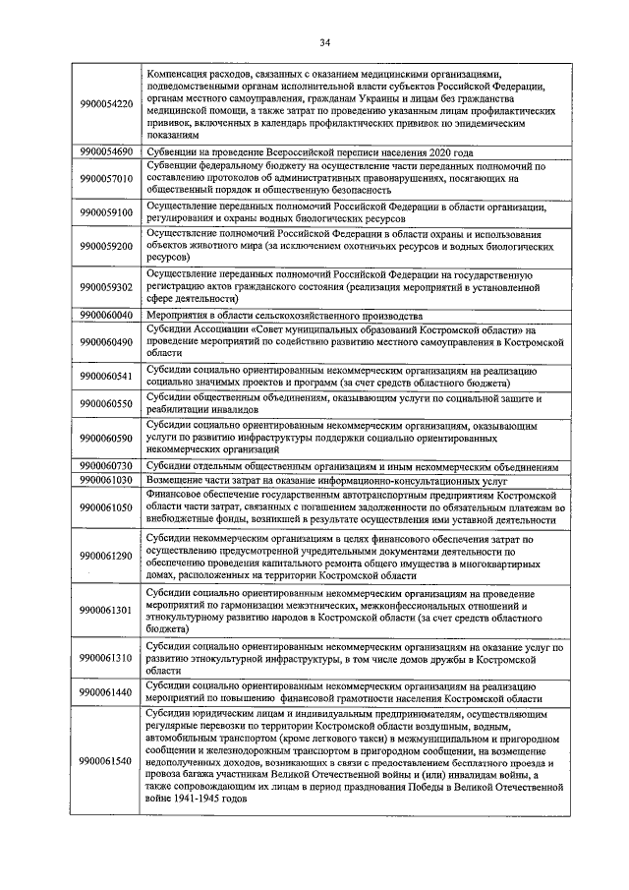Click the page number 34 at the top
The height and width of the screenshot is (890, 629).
tap(324, 41)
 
